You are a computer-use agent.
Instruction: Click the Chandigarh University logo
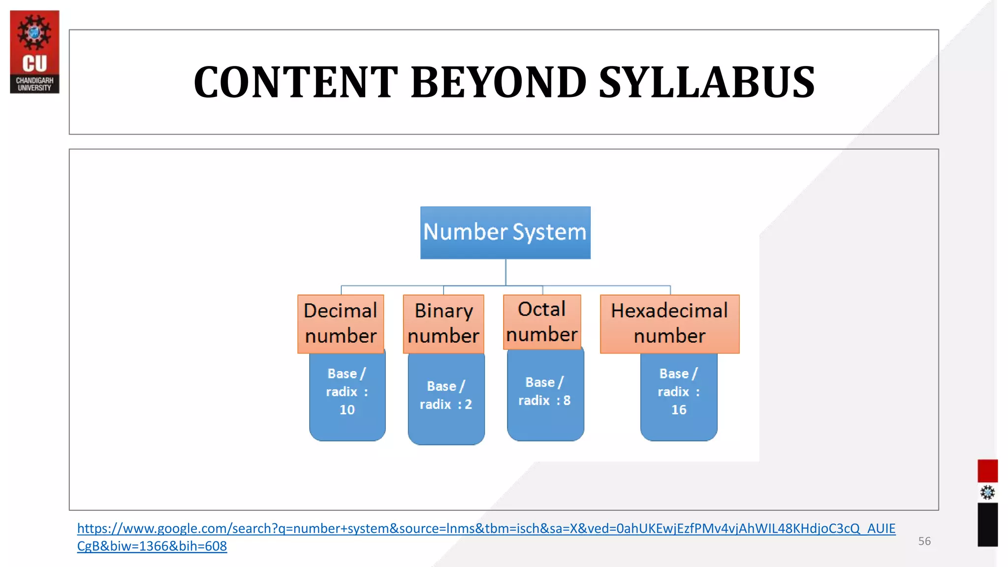coord(34,52)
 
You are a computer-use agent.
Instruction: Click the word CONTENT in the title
coord(296,82)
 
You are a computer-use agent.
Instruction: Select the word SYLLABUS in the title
coord(707,82)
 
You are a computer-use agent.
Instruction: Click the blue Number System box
coord(505,232)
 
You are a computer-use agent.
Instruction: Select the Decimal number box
coord(341,323)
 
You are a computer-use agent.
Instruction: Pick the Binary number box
coord(443,323)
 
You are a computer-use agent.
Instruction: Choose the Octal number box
coord(542,322)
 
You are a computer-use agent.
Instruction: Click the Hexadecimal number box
coord(669,323)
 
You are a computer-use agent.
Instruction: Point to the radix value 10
coord(347,409)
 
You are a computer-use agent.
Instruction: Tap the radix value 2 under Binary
coord(468,404)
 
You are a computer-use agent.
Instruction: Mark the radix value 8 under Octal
coord(567,400)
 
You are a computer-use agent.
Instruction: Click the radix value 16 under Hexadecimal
coord(679,409)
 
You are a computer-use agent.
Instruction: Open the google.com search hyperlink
coord(486,529)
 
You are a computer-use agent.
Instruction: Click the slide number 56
coord(924,541)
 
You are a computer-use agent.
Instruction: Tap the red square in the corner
coord(987,471)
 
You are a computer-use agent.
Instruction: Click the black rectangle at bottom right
coord(987,524)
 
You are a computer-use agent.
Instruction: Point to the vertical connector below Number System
coord(505,272)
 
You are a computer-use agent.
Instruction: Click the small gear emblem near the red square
coord(987,492)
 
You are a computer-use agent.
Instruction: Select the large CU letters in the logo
coord(34,63)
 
